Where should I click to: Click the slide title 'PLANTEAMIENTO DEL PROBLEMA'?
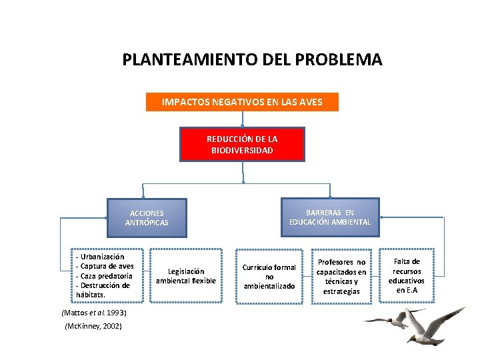click(252, 60)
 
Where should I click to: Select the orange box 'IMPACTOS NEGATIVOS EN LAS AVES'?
click(242, 102)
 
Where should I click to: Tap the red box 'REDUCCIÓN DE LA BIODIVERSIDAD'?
click(242, 145)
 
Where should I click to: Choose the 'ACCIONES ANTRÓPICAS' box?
click(147, 218)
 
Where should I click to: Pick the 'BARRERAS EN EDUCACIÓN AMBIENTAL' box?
click(329, 217)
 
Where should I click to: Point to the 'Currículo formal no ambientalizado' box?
click(269, 277)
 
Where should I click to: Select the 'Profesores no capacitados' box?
click(341, 277)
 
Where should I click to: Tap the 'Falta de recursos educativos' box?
click(407, 275)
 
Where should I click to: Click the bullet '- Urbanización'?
click(101, 256)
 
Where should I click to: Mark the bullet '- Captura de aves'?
click(105, 266)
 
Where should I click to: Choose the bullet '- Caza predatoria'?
click(104, 275)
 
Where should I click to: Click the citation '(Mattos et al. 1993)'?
click(84, 312)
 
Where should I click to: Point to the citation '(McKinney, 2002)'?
click(93, 325)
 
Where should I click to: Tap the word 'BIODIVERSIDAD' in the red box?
click(242, 151)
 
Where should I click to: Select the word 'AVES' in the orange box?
click(311, 102)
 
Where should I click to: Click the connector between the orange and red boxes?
click(242, 119)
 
